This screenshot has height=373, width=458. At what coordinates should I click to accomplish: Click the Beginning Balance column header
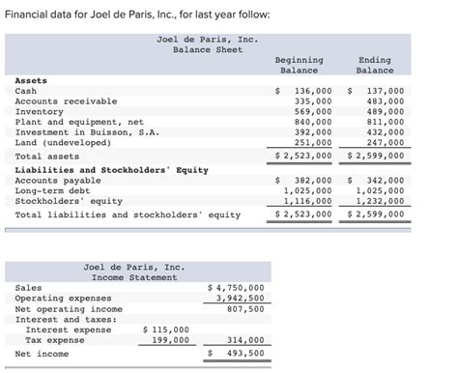tap(299, 65)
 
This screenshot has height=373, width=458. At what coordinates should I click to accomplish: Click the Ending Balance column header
tap(374, 65)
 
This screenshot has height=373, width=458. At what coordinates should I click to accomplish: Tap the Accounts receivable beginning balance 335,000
tap(313, 100)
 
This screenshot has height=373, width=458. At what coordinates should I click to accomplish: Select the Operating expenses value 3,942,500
tap(243, 299)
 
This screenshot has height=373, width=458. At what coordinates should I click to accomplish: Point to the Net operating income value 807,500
tap(246, 308)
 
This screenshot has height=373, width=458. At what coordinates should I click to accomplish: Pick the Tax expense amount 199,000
tap(170, 340)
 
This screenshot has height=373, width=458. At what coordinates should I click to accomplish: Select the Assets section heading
tap(31, 81)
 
